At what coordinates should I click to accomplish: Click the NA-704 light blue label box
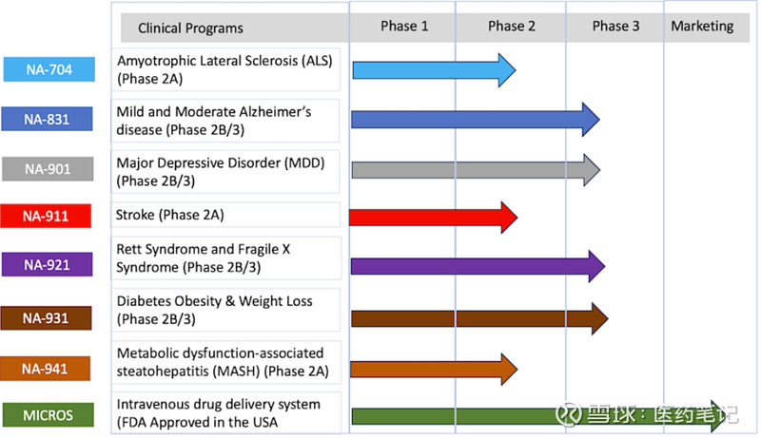[49, 69]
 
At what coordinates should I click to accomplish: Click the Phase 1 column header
[404, 27]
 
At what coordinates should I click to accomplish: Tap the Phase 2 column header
[511, 27]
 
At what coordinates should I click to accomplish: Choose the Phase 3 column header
[615, 27]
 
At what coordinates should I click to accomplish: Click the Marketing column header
[702, 27]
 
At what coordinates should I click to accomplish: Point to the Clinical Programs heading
[190, 29]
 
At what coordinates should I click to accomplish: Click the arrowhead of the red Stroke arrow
[507, 217]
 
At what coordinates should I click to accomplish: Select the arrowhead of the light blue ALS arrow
[505, 69]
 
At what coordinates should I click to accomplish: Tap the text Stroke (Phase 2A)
[170, 215]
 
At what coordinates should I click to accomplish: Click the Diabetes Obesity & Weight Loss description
[214, 310]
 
